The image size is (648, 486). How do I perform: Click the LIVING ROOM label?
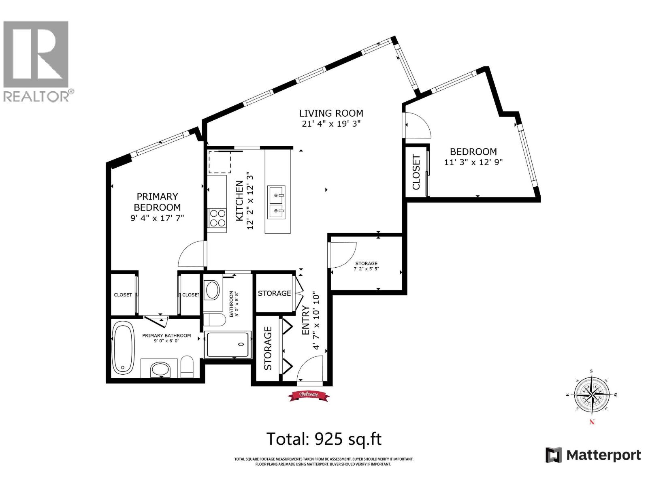(x=331, y=113)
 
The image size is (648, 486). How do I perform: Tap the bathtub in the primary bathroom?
(x=124, y=347)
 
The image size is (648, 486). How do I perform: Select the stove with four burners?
(x=217, y=218)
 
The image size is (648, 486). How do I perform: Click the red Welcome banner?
(x=309, y=395)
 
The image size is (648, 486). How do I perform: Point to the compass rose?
(x=592, y=395)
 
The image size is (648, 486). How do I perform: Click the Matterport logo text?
(x=603, y=455)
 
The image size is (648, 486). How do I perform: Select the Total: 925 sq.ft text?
(x=324, y=439)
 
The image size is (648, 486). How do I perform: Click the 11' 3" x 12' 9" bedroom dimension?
(x=473, y=162)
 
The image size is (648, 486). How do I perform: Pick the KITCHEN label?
(x=239, y=201)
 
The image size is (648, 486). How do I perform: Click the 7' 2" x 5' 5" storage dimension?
(x=366, y=269)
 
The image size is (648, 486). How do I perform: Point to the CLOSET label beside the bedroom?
(x=416, y=172)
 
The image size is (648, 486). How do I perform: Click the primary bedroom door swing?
(x=192, y=254)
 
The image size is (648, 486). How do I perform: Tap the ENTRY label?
(x=306, y=320)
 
